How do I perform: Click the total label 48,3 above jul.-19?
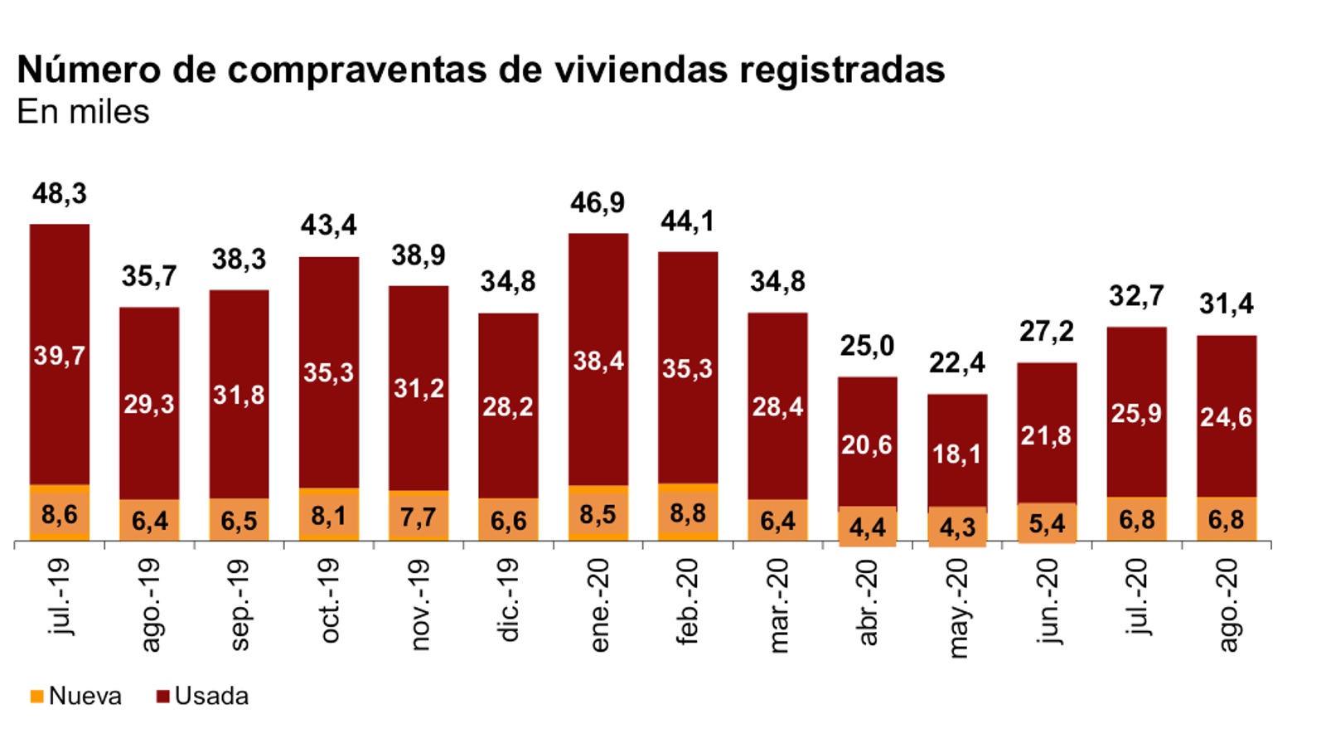[x=59, y=194]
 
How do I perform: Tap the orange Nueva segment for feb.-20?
[x=688, y=512]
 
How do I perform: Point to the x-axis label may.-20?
[x=957, y=608]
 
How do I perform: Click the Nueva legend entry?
[x=75, y=696]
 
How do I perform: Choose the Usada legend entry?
[x=202, y=696]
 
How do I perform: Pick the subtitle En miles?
[x=83, y=112]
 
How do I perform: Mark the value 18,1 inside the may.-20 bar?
[x=956, y=454]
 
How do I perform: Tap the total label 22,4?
[x=956, y=363]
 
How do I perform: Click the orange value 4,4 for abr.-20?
[x=867, y=527]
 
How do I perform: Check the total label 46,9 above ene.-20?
[x=598, y=203]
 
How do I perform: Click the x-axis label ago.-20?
[x=1227, y=605]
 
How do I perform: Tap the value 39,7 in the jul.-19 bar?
[x=59, y=357]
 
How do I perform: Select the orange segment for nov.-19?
[x=419, y=517]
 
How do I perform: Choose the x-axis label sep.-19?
[x=239, y=604]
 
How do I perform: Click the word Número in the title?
[x=89, y=70]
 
